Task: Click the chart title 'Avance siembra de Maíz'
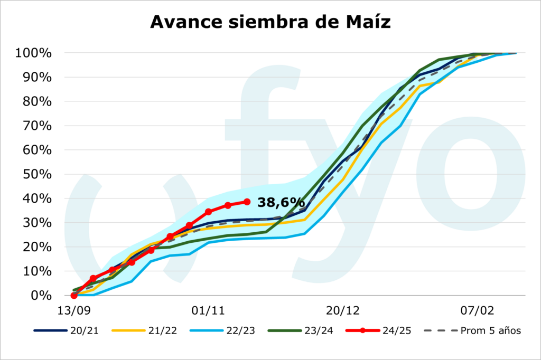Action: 270,22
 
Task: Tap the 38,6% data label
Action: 281,202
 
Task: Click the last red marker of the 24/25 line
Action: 247,202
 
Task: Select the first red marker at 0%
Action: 74,296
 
